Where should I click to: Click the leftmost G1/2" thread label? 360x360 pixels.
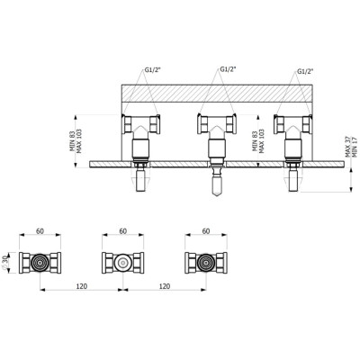pyautogui.click(x=153, y=70)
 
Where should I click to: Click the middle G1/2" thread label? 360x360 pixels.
pyautogui.click(x=229, y=69)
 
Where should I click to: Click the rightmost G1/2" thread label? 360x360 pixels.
pyautogui.click(x=305, y=71)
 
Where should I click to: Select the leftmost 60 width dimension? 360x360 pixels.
pyautogui.click(x=40, y=231)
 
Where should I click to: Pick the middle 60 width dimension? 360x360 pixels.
pyautogui.click(x=123, y=231)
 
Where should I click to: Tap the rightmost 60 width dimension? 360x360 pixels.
pyautogui.click(x=206, y=231)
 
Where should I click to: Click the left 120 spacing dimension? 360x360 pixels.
pyautogui.click(x=82, y=286)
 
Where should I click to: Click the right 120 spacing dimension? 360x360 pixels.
pyautogui.click(x=165, y=286)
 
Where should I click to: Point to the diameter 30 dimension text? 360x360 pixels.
pyautogui.click(x=4, y=263)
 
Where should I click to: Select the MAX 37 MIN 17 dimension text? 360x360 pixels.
pyautogui.click(x=351, y=147)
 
